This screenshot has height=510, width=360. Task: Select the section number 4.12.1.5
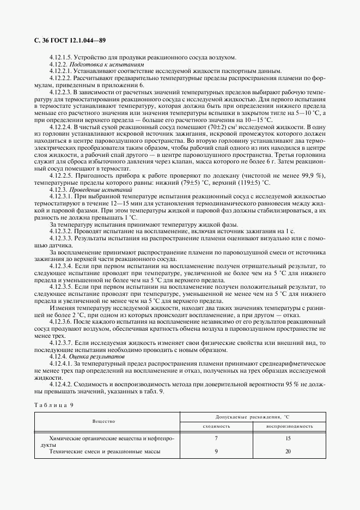(60, 57)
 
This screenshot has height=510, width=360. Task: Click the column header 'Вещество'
(103, 421)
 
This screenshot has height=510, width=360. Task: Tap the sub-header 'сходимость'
(216, 426)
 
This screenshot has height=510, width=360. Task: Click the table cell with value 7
(216, 438)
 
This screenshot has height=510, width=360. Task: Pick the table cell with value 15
(288, 438)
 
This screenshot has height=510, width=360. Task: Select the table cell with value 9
(216, 451)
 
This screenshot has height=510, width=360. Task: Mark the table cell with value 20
(288, 451)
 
